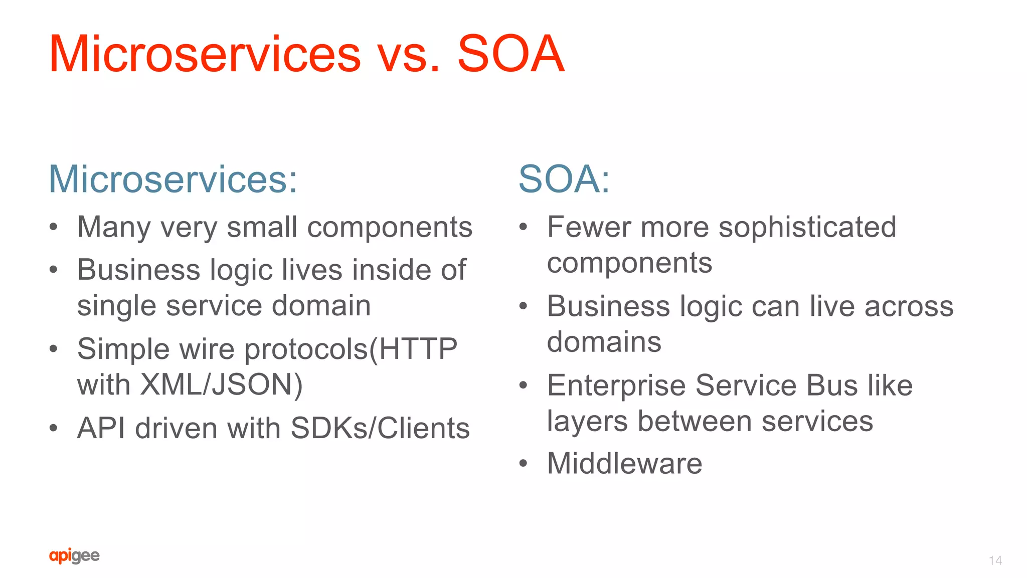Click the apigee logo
[x=74, y=555]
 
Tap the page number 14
[x=995, y=560]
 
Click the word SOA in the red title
[x=510, y=54]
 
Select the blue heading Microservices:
[x=173, y=179]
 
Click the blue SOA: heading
[x=564, y=179]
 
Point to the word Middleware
[x=624, y=463]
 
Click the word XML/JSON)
[x=221, y=384]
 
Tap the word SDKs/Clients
[x=380, y=428]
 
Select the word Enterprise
[x=616, y=386]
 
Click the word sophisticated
[x=807, y=227]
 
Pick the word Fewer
[x=589, y=227]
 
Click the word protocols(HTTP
[x=351, y=349]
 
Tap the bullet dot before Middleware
[x=523, y=464]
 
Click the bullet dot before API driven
[x=54, y=429]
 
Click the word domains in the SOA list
[x=604, y=342]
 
